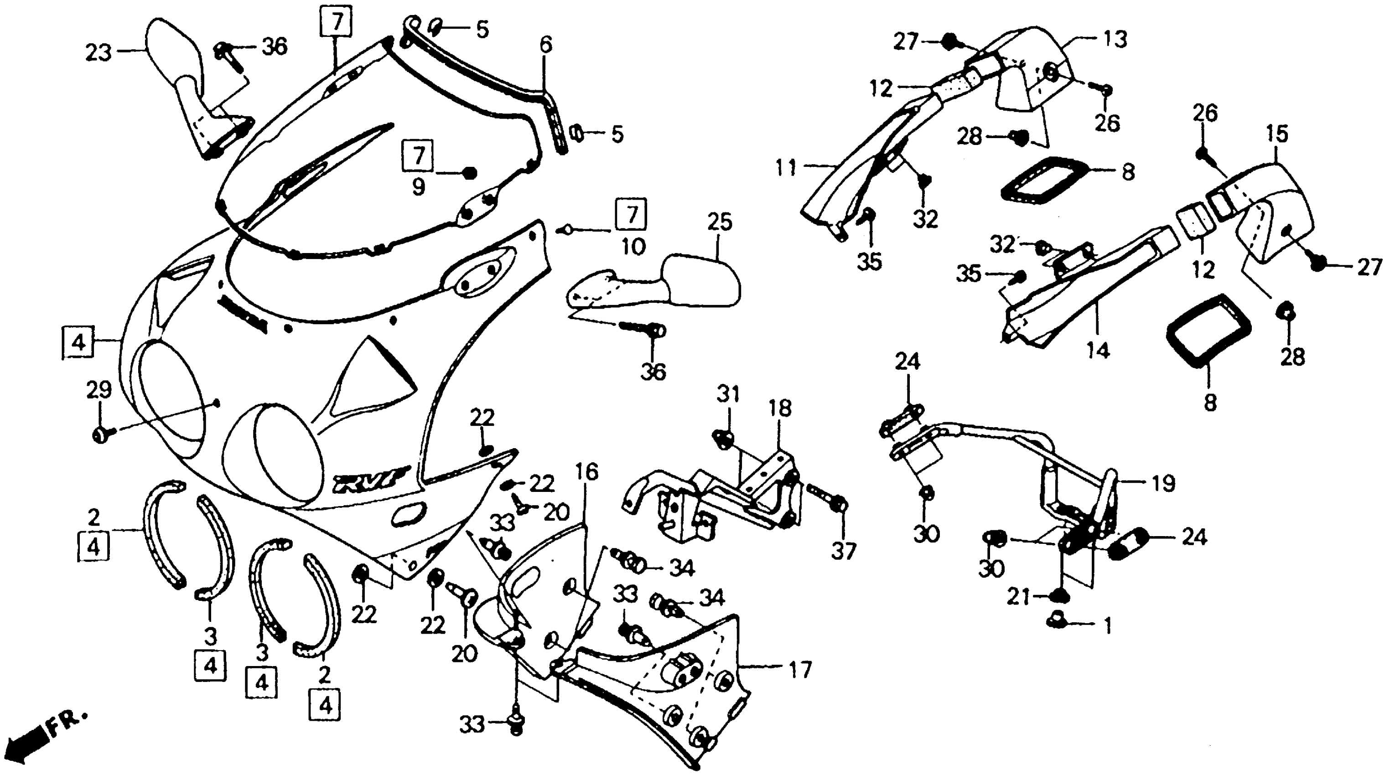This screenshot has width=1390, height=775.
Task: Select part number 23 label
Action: coord(98,53)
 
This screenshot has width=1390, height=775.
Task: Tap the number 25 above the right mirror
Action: coord(719,222)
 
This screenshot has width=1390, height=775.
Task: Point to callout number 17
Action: coord(800,670)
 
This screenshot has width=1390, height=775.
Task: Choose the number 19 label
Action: coord(1163,483)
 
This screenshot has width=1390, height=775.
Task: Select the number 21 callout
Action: coord(1018,598)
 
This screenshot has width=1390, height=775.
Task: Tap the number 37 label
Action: coord(843,551)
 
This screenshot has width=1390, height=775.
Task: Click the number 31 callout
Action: coord(728,395)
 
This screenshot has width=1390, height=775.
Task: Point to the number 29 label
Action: coord(99,389)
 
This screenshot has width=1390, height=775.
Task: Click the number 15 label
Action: coord(1277,134)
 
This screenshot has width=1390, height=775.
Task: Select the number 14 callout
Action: coord(1098,351)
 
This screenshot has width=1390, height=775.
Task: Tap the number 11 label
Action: coord(786,168)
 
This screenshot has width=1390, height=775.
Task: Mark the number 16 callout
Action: coord(586,472)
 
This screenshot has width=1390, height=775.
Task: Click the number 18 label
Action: coord(780,409)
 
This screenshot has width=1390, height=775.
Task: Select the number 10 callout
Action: coord(633,247)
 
